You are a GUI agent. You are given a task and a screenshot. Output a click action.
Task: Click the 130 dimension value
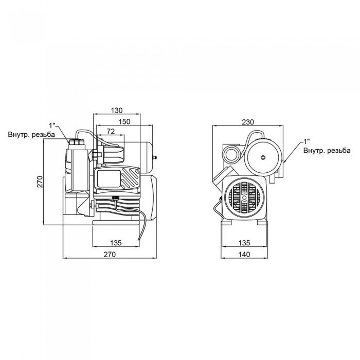pos(117,110)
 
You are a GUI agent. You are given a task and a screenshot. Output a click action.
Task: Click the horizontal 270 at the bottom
pos(109,254)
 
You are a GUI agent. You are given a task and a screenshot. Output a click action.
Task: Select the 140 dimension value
pos(245,254)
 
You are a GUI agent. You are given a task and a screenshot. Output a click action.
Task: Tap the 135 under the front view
pos(245,243)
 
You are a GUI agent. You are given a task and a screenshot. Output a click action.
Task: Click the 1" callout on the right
pos(307,140)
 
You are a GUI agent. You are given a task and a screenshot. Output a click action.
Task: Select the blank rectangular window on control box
pos(107,180)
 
